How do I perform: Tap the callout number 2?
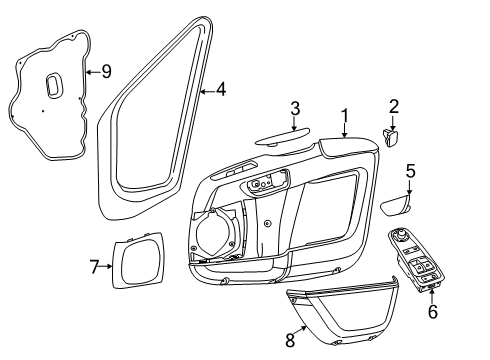tap(393, 106)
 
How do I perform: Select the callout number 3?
tap(295, 109)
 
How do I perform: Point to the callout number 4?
tap(221, 89)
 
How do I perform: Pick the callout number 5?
tap(409, 171)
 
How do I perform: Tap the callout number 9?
tap(107, 71)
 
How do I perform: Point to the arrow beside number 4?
tap(205, 89)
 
